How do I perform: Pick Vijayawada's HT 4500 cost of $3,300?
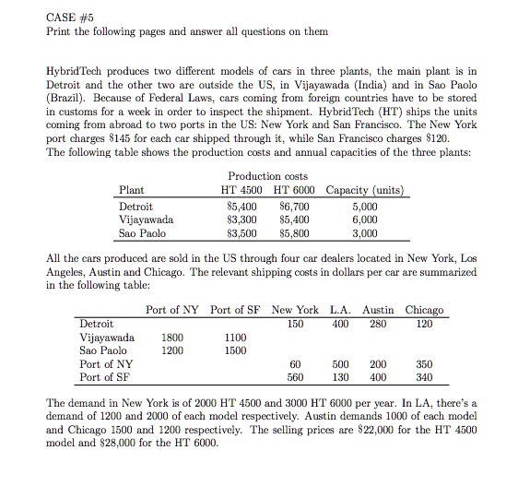[x=241, y=221]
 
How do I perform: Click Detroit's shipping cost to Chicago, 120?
[x=424, y=325]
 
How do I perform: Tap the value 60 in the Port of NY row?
[x=296, y=365]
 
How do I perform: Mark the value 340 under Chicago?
[x=424, y=378]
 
